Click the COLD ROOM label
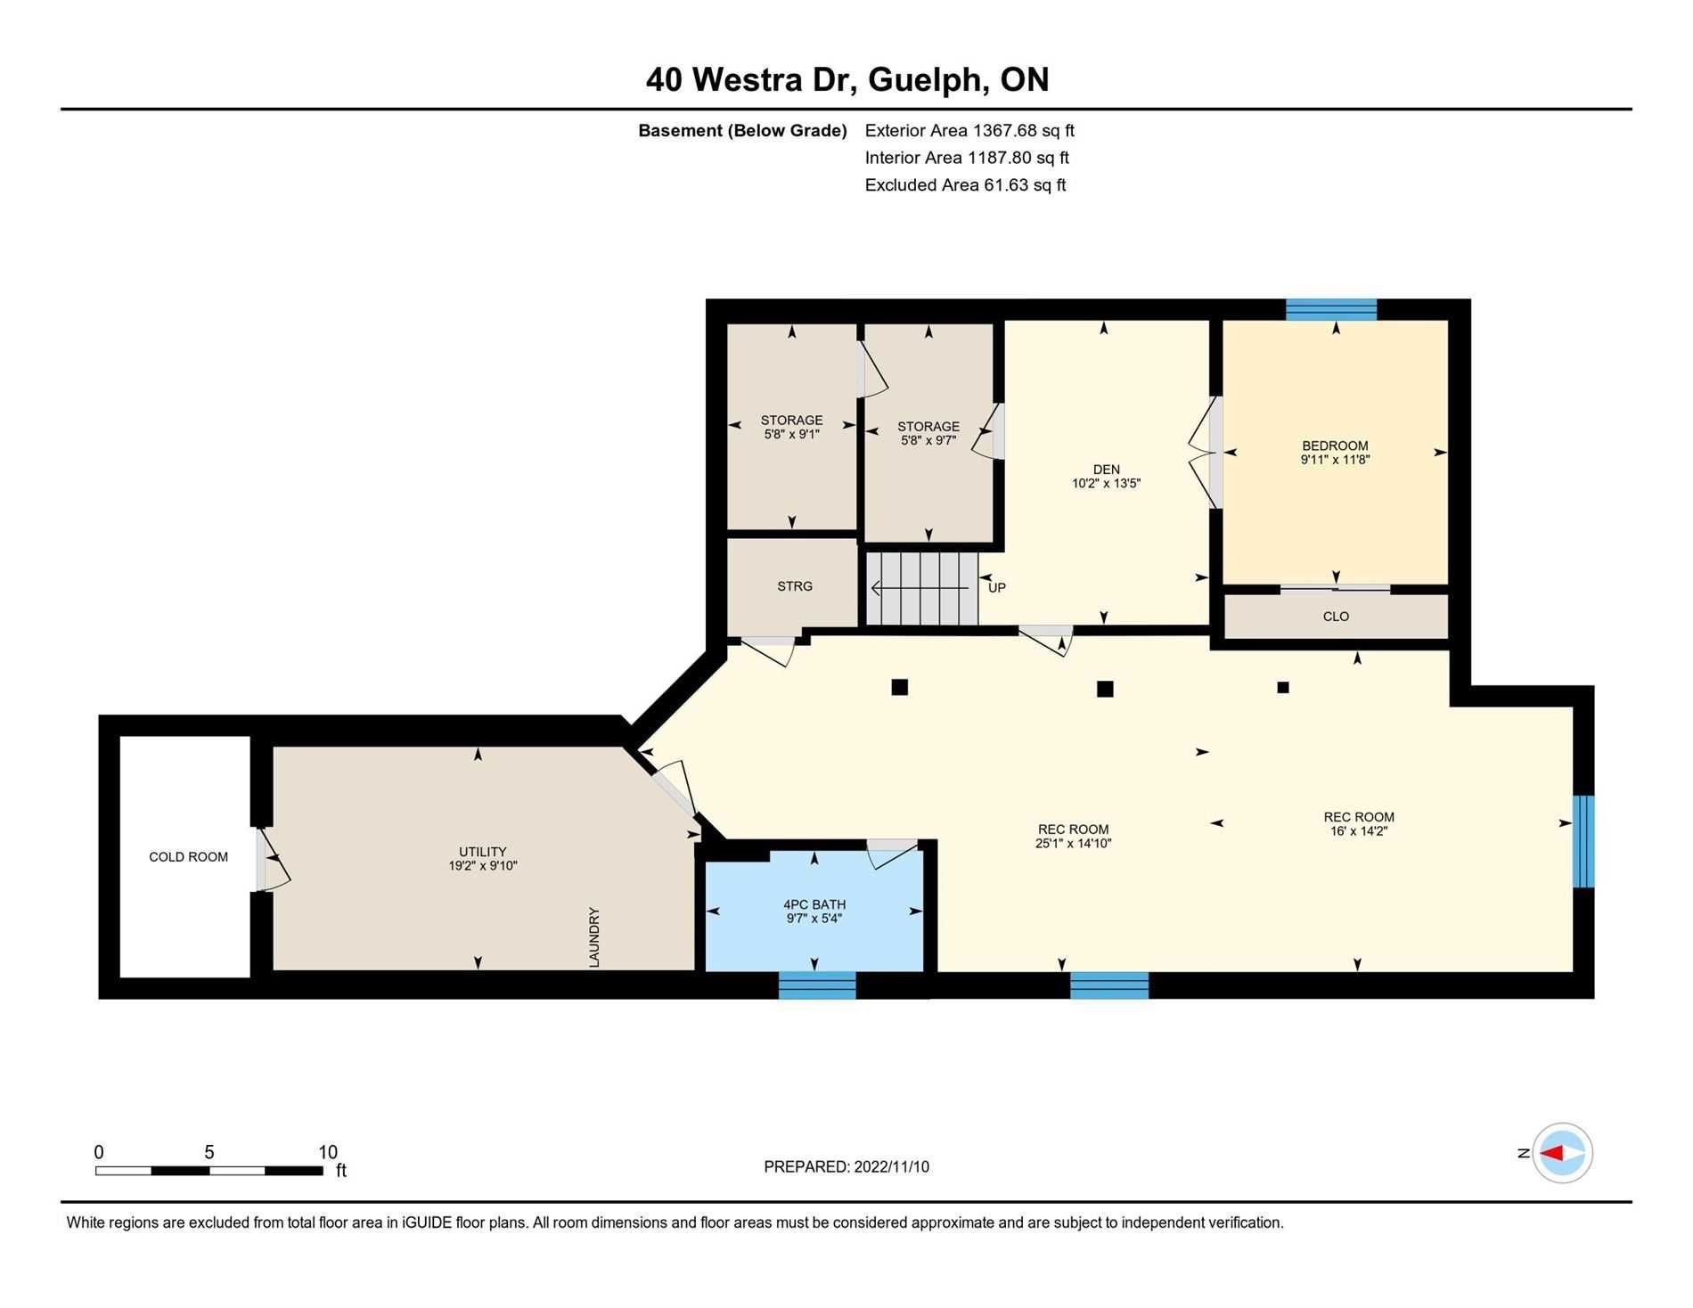[x=188, y=857]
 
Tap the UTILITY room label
[x=483, y=852]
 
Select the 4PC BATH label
[x=814, y=904]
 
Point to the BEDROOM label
[x=1335, y=446]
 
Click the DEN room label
[x=1107, y=470]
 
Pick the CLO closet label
[x=1336, y=617]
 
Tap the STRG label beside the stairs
[x=795, y=586]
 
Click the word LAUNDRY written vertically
[x=594, y=937]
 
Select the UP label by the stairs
[x=997, y=588]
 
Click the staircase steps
[x=922, y=589]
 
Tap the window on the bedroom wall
[x=1331, y=310]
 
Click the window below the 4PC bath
[x=817, y=985]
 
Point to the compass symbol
[x=1563, y=1153]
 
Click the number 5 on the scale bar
[x=209, y=1152]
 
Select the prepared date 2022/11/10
[x=891, y=1167]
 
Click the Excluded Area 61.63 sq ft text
[x=965, y=185]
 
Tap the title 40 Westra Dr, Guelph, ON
[x=847, y=80]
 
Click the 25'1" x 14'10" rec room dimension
[x=1073, y=844]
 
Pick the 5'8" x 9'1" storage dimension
[x=791, y=435]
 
